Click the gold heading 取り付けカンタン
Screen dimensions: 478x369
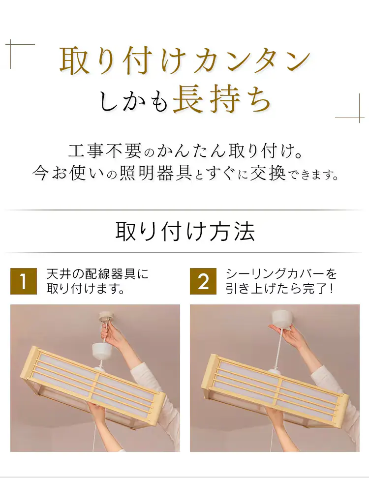184,61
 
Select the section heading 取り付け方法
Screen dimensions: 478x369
184,231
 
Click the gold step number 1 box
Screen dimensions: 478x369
23,281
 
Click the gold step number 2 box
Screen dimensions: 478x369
203,281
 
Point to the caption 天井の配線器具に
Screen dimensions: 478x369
97,274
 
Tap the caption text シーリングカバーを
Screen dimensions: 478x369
281,274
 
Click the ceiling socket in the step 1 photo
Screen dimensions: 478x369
106,318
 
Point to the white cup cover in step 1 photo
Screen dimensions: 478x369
102,351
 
